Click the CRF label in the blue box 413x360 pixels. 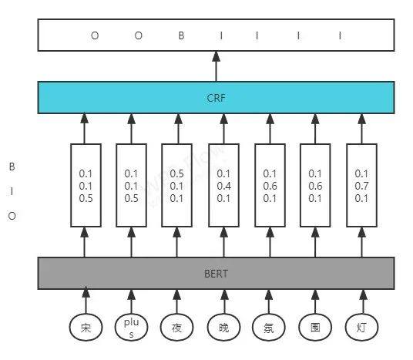click(216, 98)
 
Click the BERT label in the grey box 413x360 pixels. click(216, 274)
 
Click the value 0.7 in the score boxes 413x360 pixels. click(361, 186)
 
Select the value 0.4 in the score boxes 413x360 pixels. click(224, 186)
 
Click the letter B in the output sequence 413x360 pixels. click(181, 35)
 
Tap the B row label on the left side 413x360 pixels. click(12, 167)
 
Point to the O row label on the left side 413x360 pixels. click(12, 216)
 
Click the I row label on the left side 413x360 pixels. click(12, 191)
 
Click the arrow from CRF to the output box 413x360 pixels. click(217, 66)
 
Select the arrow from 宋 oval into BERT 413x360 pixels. click(86, 301)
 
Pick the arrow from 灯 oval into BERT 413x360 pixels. click(363, 301)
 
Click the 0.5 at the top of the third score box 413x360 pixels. click(176, 173)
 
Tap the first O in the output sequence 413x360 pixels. click(95, 35)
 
